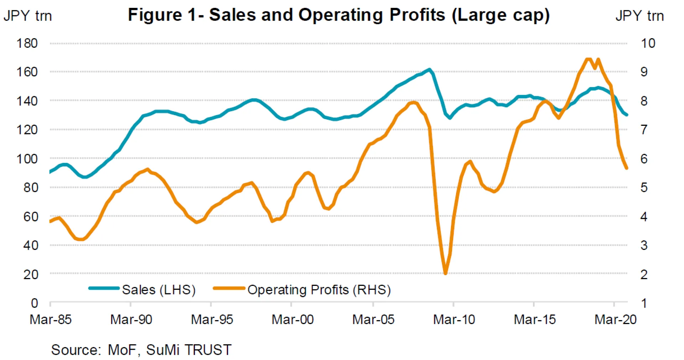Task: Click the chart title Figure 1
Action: coord(338,15)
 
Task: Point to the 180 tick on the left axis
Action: coord(27,43)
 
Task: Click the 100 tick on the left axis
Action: coord(27,159)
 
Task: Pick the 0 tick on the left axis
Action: coord(34,303)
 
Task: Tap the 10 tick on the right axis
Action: coord(648,43)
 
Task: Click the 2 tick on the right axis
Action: coord(644,274)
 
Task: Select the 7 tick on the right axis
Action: coord(644,130)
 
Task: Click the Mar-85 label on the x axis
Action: coord(51,320)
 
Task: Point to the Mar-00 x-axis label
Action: coord(292,320)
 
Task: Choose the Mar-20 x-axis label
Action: coord(615,320)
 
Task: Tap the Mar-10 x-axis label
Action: coord(454,320)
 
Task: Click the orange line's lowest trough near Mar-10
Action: coord(445,273)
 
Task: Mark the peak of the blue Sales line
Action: coord(429,70)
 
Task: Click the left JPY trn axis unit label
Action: coord(28,16)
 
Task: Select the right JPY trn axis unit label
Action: coord(639,16)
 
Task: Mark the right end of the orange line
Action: coord(627,168)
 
